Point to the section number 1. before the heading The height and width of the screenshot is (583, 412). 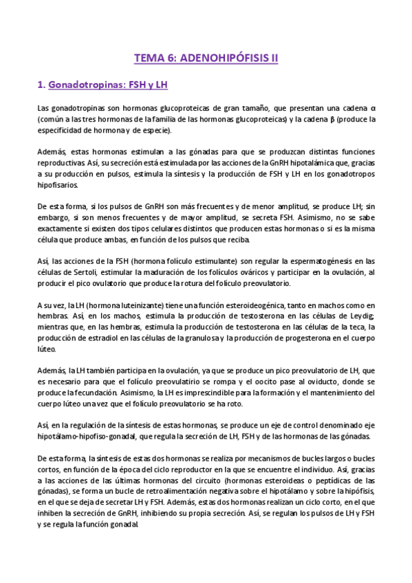[x=41, y=85]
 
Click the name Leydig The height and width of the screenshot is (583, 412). [x=358, y=316]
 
